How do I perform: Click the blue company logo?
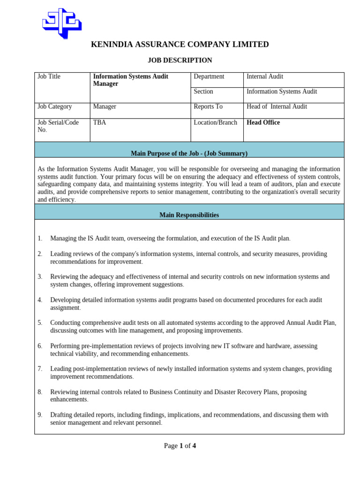click(x=62, y=22)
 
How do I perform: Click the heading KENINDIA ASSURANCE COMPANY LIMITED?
click(x=180, y=45)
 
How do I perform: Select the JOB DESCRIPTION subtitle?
click(x=180, y=60)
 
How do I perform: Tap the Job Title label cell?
click(x=49, y=76)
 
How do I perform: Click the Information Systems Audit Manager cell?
click(x=130, y=80)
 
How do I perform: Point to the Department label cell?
click(x=209, y=76)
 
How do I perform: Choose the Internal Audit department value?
click(x=265, y=76)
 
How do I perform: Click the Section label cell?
click(x=203, y=91)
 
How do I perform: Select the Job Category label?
click(x=55, y=106)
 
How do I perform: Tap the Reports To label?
click(x=208, y=106)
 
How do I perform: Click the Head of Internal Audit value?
click(x=277, y=106)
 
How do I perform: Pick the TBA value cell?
click(x=99, y=122)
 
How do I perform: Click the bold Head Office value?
click(x=263, y=122)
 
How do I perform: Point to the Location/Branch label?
click(x=215, y=122)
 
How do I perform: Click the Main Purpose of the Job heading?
click(x=189, y=153)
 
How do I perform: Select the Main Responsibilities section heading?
click(x=189, y=215)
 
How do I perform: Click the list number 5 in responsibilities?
click(x=40, y=323)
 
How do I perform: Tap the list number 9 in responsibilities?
click(x=40, y=415)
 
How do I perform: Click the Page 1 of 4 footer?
click(x=180, y=446)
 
